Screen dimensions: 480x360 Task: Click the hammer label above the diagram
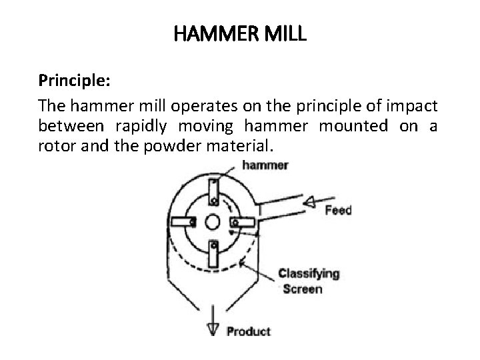click(266, 165)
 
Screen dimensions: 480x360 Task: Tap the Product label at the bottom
click(248, 331)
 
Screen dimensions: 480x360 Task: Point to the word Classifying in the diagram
click(309, 273)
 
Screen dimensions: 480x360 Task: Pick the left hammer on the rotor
click(182, 222)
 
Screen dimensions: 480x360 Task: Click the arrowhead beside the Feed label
click(309, 201)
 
